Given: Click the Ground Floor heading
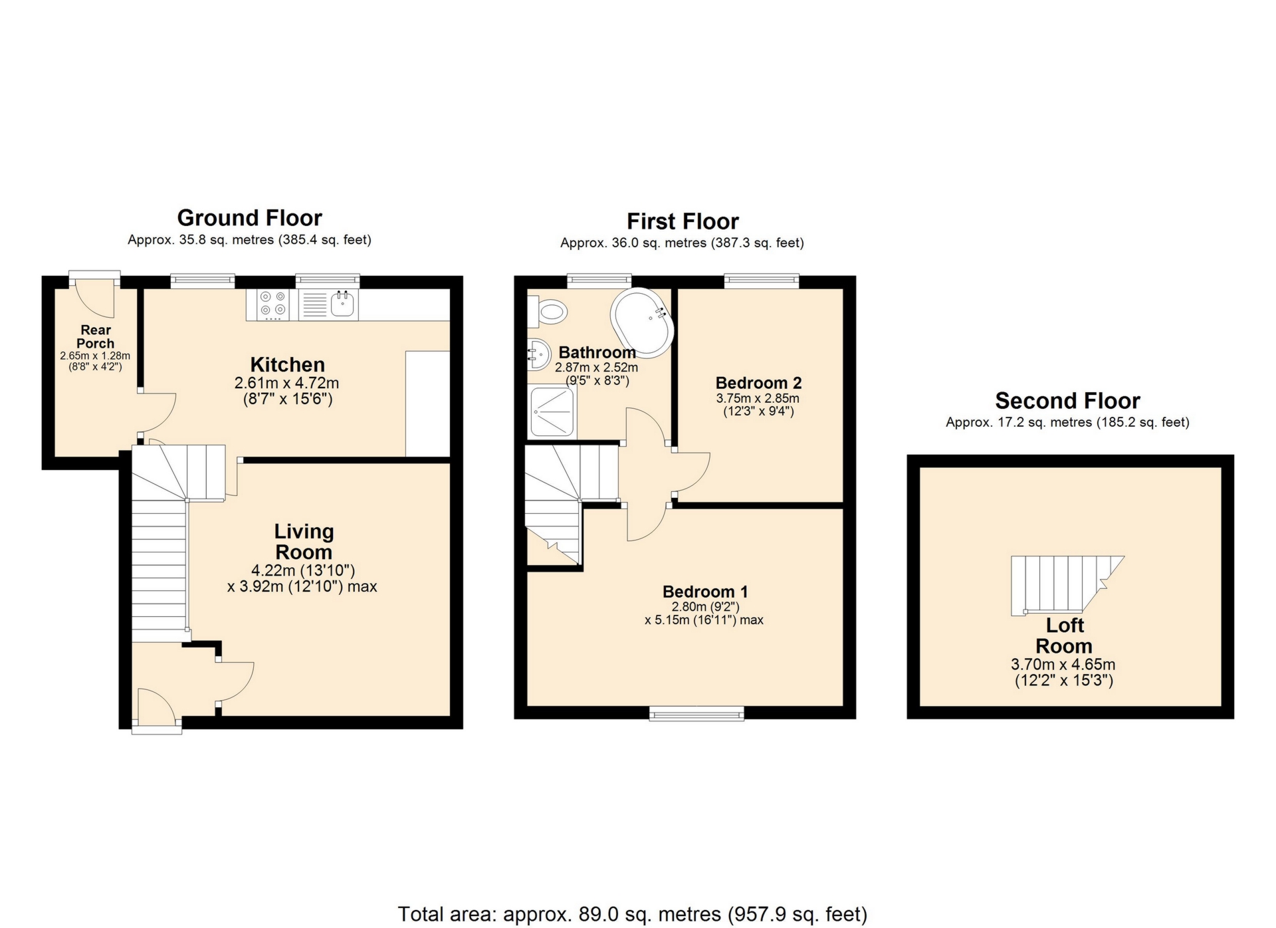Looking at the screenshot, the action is click(x=249, y=218).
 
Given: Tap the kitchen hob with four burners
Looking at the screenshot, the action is click(x=272, y=305).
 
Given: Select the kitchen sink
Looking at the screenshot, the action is click(x=329, y=305).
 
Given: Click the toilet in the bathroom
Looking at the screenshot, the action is click(x=548, y=311).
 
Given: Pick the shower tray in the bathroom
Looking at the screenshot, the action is click(x=552, y=412).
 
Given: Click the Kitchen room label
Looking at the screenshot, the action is click(x=287, y=364).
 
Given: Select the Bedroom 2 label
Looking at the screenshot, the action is click(x=758, y=383).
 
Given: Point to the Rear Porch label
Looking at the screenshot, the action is click(x=96, y=336).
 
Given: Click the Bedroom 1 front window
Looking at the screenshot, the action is click(x=696, y=714).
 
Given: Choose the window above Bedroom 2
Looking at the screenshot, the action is click(x=762, y=281).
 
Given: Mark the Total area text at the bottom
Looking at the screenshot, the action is click(x=633, y=914).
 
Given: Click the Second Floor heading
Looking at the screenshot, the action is click(x=1067, y=401).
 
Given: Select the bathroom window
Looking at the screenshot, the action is click(x=599, y=281).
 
